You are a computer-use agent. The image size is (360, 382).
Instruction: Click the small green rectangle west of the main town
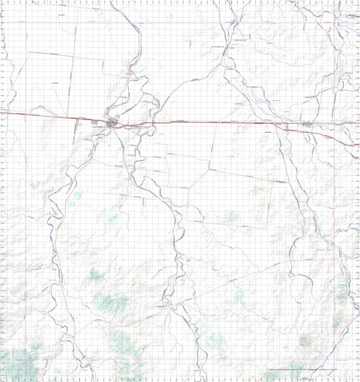coord(94,122)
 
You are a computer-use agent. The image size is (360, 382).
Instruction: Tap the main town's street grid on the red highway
coord(112,124)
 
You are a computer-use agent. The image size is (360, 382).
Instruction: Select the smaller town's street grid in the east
coord(307,124)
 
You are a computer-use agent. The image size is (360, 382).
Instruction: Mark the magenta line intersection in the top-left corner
coord(27,22)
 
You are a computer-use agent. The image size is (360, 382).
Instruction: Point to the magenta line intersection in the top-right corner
coord(334,22)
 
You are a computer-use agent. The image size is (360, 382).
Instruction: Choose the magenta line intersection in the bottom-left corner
coord(27,359)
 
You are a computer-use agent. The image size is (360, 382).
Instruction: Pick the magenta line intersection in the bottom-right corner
coord(334,359)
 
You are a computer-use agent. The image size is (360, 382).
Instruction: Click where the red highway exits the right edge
coord(359,145)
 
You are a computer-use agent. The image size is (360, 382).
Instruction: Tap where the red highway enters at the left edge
coord(1,112)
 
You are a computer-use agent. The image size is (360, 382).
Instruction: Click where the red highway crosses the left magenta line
coord(27,115)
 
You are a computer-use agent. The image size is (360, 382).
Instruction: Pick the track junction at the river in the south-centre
coord(166,305)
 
